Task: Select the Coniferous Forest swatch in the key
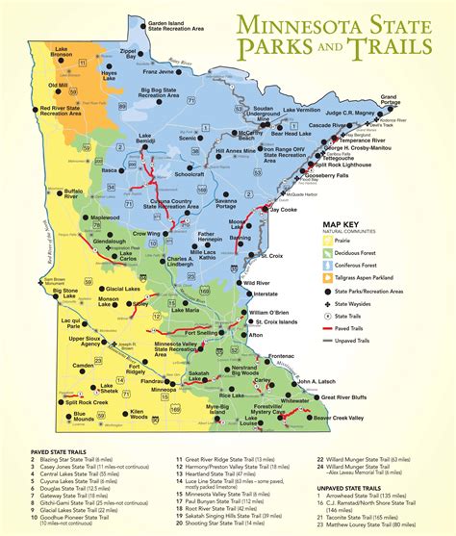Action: pos(327,268)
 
